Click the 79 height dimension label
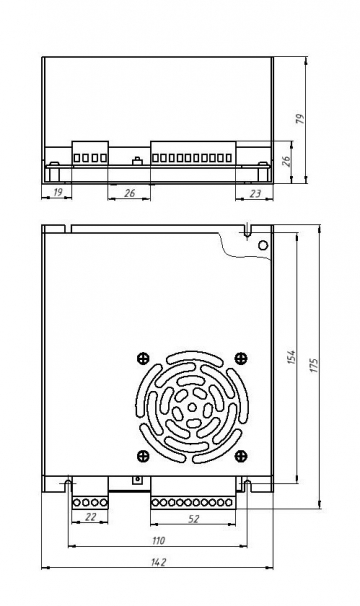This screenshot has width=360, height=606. click(300, 119)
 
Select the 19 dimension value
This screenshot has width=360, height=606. click(57, 192)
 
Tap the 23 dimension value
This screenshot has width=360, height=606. click(255, 193)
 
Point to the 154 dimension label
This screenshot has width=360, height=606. click(291, 357)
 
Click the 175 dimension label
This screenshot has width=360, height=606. click(314, 365)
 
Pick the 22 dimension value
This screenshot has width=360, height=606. click(90, 516)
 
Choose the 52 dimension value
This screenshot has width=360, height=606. click(193, 519)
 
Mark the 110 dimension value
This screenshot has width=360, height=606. click(158, 541)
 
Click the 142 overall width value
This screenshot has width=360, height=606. click(158, 562)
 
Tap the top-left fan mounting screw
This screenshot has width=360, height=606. click(143, 358)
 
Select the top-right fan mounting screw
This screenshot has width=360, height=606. click(241, 358)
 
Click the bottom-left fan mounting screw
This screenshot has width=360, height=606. click(143, 456)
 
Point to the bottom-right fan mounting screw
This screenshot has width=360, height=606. click(241, 456)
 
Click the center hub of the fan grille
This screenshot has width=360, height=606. click(192, 407)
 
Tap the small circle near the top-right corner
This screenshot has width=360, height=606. click(263, 245)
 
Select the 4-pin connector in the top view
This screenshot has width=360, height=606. click(90, 153)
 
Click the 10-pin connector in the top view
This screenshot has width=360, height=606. click(193, 153)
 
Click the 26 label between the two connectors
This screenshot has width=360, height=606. click(130, 193)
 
